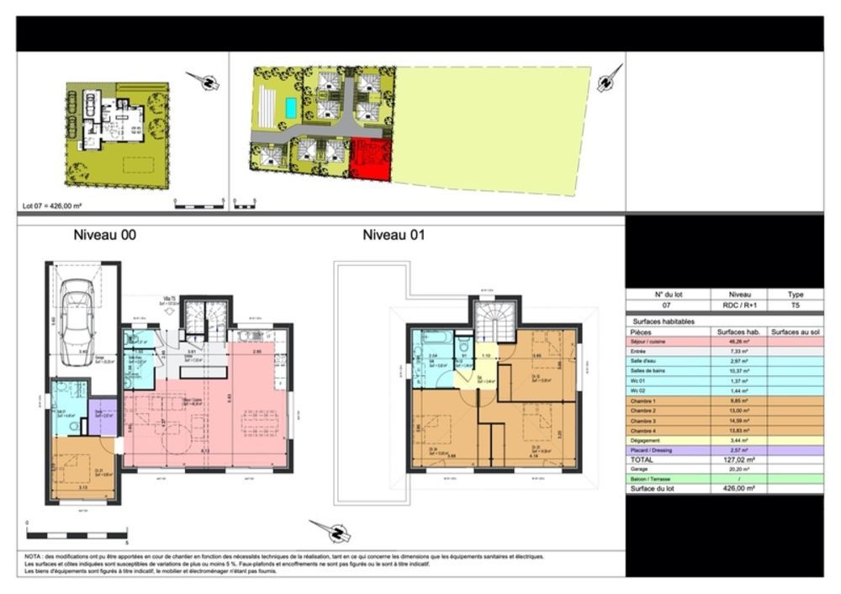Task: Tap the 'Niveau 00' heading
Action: click(x=104, y=236)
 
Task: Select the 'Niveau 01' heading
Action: click(x=394, y=236)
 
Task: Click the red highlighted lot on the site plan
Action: click(x=370, y=159)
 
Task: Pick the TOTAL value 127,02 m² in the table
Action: click(x=738, y=460)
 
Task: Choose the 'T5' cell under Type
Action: click(x=795, y=305)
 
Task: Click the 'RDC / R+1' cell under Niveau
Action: click(x=738, y=305)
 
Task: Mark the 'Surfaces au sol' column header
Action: click(x=795, y=332)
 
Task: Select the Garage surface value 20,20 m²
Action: click(x=738, y=469)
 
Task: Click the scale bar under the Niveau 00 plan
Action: click(x=76, y=533)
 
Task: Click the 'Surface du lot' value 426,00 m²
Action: click(x=738, y=488)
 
